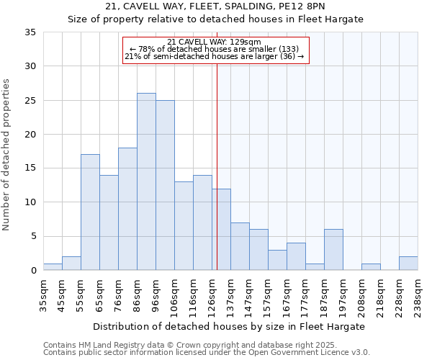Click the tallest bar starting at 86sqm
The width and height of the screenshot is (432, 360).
click(146, 181)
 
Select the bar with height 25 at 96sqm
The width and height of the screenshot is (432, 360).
click(165, 185)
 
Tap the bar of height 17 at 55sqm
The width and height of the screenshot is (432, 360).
click(90, 212)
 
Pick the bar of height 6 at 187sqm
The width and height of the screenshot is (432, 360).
click(333, 250)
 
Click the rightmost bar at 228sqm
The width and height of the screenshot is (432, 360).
click(408, 264)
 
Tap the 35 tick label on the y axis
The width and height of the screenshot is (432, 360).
click(30, 32)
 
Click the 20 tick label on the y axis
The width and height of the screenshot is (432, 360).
click(30, 135)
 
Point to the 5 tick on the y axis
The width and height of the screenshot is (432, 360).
click(33, 236)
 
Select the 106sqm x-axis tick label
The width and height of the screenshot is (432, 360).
click(175, 295)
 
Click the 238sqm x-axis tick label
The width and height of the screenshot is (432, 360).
click(418, 295)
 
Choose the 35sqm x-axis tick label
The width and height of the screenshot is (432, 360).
click(44, 294)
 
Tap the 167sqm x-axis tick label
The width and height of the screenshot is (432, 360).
click(287, 295)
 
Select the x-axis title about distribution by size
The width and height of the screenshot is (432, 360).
click(229, 326)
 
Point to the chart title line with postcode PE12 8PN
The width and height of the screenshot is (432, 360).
click(215, 6)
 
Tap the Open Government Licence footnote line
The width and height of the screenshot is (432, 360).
click(207, 353)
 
